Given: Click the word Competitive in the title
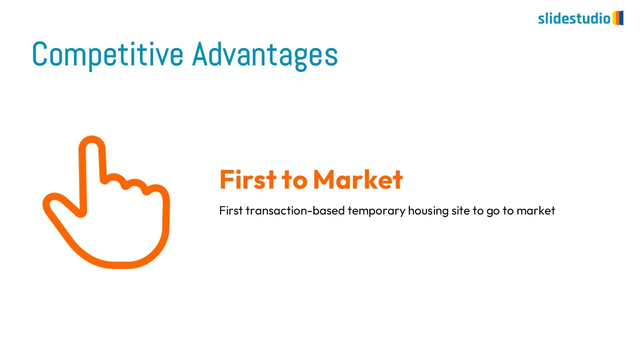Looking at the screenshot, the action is pos(107,55).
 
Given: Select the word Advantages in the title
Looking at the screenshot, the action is pos(265,55).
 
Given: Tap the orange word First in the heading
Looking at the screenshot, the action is pos(248,179).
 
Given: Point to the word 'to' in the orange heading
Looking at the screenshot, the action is pos(294,180).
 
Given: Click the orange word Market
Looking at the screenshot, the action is pos(358,179).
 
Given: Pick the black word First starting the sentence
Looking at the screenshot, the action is pos(231,210).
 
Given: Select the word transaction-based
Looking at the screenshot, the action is pos(295,210).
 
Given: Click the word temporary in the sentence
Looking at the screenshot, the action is pos(376,211).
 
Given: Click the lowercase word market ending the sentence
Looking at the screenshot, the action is pos(536,210).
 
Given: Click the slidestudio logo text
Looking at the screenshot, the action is pos(574,18).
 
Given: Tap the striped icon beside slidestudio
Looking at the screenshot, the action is pos(617,18).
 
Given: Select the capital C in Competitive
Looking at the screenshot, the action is pos(39,54).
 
